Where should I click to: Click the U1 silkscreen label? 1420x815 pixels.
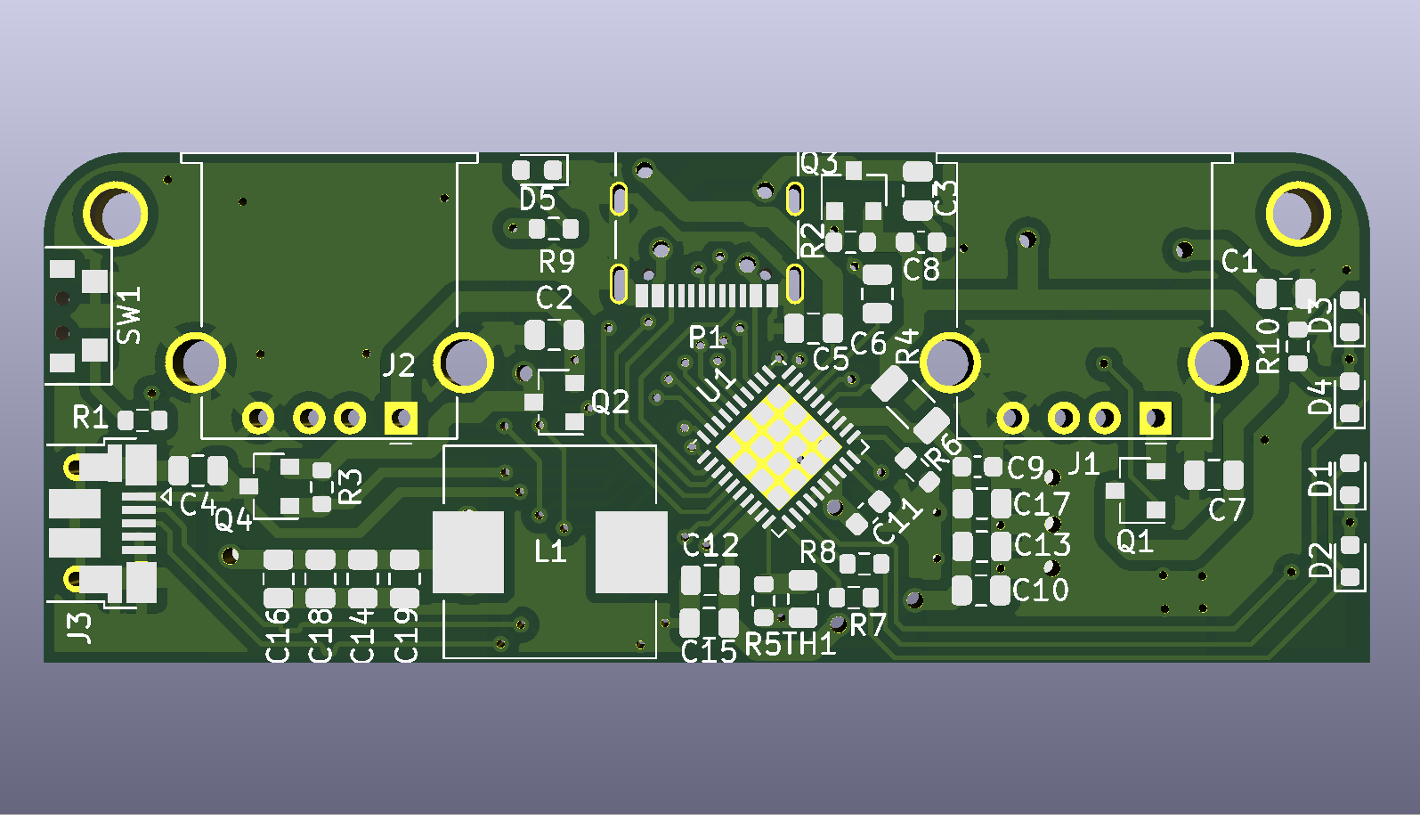717,385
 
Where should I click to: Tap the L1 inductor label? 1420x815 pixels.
549,551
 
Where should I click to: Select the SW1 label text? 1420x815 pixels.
129,315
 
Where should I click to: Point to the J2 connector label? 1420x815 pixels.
399,365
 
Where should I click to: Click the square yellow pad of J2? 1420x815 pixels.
401,418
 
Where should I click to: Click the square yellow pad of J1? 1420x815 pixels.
1155,418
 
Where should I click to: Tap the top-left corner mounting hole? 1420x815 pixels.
116,214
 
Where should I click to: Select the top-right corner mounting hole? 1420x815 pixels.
1298,214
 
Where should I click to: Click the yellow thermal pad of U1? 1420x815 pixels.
779,447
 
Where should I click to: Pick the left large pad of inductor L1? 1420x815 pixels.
468,551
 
